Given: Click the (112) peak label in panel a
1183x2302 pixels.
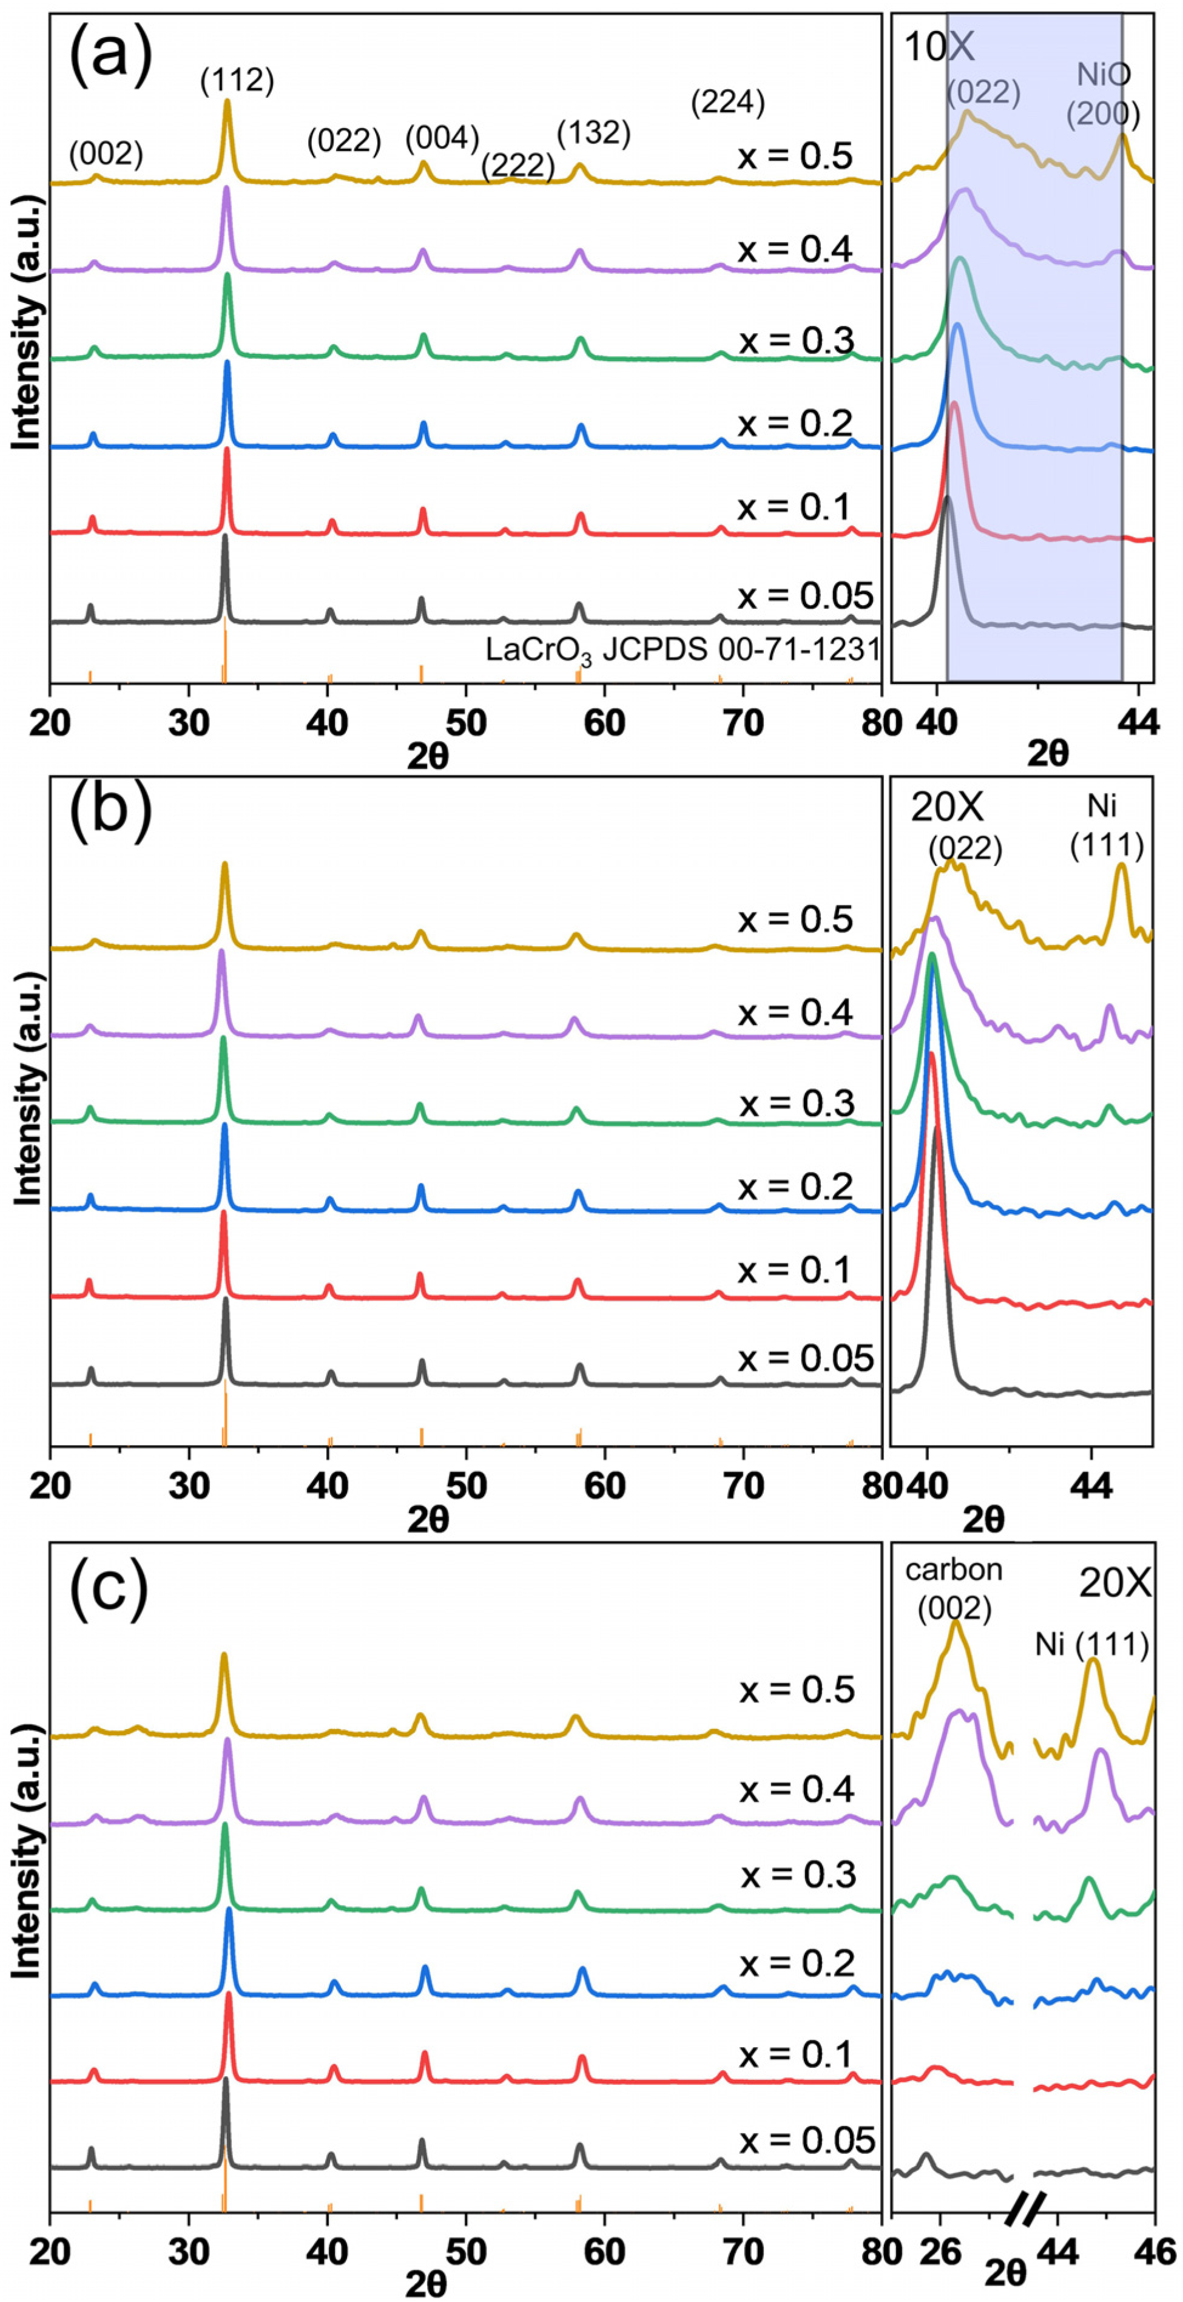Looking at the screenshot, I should pyautogui.click(x=237, y=81).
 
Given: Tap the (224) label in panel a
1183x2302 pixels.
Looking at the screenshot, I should pyautogui.click(x=728, y=104).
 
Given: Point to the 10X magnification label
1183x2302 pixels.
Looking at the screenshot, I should pyautogui.click(x=939, y=47).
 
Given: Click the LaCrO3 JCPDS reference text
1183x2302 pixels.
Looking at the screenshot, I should pyautogui.click(x=684, y=649).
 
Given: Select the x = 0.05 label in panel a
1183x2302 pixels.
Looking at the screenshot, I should pyautogui.click(x=804, y=595).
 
